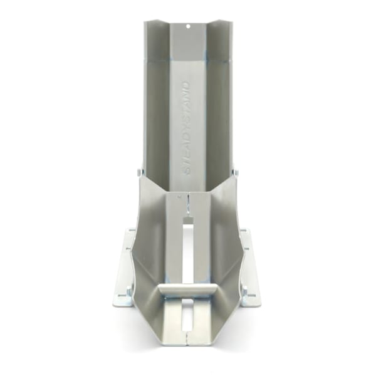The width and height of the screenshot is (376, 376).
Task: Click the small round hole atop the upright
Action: pyautogui.click(x=188, y=26)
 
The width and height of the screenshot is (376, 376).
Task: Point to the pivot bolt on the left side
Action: pyautogui.click(x=139, y=172)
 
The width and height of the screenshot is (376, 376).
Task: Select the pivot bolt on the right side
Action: pyautogui.click(x=237, y=172)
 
